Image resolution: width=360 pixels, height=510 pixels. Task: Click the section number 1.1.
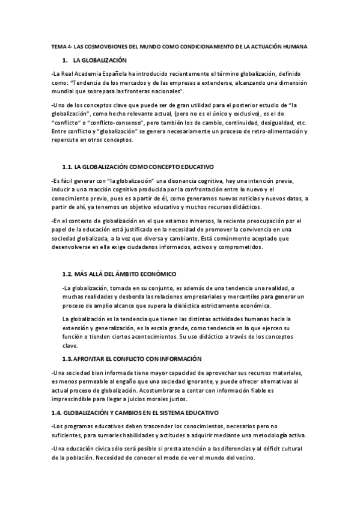click(67, 166)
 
